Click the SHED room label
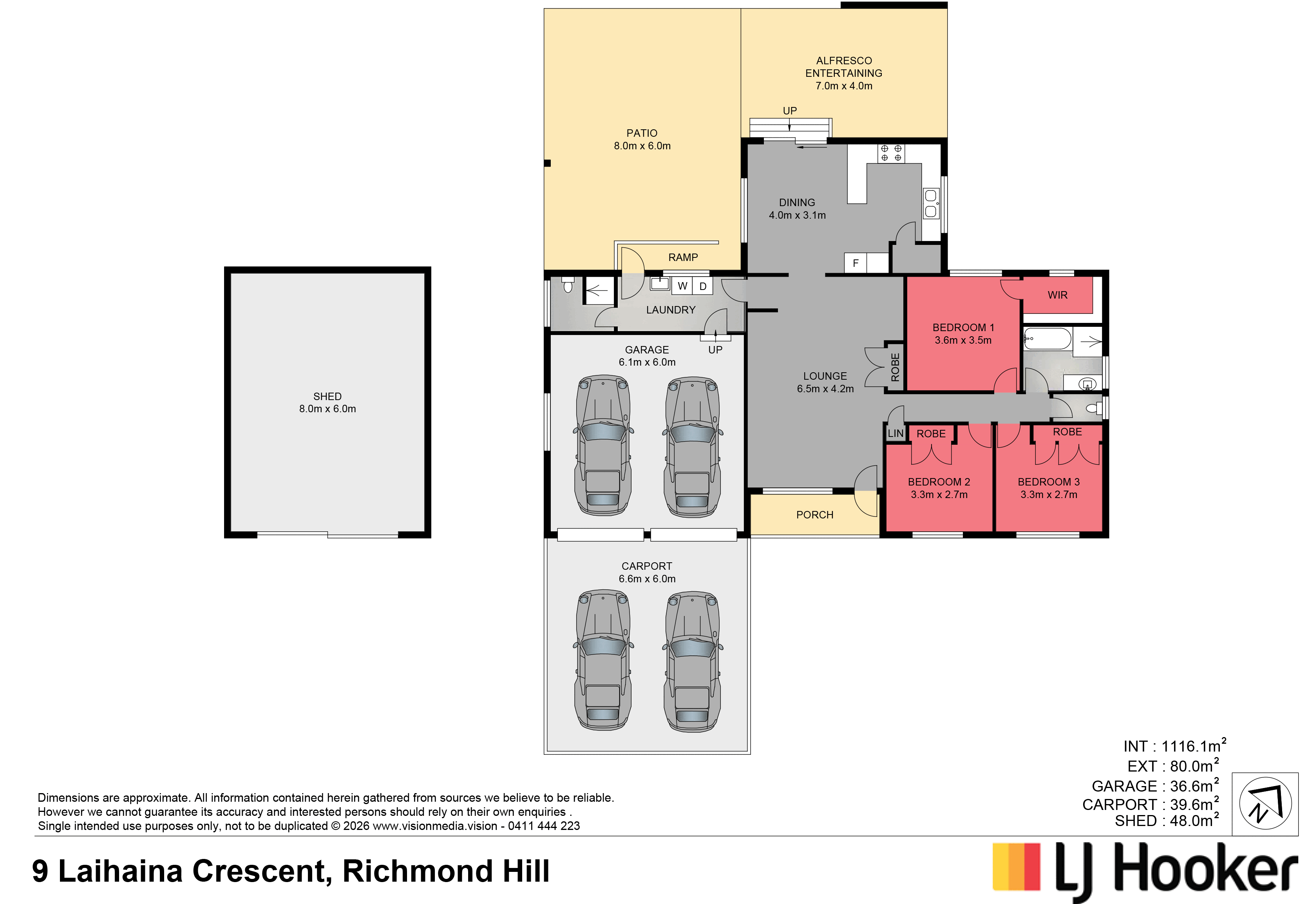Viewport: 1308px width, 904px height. pos(327,397)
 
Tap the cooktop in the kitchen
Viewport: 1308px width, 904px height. pos(891,153)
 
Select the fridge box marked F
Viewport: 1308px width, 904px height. pos(855,263)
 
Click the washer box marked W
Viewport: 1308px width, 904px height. pos(682,286)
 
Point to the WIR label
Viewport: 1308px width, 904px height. pos(1057,295)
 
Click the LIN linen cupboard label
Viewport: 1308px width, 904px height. pos(895,434)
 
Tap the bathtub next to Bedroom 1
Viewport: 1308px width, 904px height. pos(1047,339)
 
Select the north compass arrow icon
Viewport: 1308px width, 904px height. pos(1265,804)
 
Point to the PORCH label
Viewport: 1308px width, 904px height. pos(815,515)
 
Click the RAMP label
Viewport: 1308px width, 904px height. pos(683,257)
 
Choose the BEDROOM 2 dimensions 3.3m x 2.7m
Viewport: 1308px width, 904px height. pos(939,495)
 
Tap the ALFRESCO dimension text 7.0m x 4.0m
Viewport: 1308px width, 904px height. pos(844,86)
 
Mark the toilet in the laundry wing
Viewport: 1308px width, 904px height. pos(568,285)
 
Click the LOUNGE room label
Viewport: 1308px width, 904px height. pos(825,376)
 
